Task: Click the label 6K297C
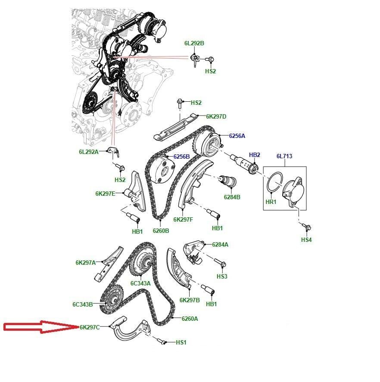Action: coord(90,327)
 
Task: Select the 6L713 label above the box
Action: coord(284,156)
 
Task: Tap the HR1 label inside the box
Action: coord(271,202)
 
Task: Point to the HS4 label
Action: coord(306,240)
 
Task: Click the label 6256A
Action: coord(237,136)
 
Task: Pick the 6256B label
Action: coord(181,157)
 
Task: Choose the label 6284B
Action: coord(232,197)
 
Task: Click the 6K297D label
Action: coord(216,116)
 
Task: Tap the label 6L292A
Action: coord(89,152)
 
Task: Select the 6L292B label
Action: coord(194,43)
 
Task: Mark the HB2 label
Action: coord(254,155)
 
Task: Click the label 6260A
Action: coord(190,319)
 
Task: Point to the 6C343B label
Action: coord(83,304)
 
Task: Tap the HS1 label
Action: coord(181,342)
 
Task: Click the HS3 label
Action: coord(222,276)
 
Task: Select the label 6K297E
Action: coord(105,194)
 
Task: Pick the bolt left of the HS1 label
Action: coord(162,341)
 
